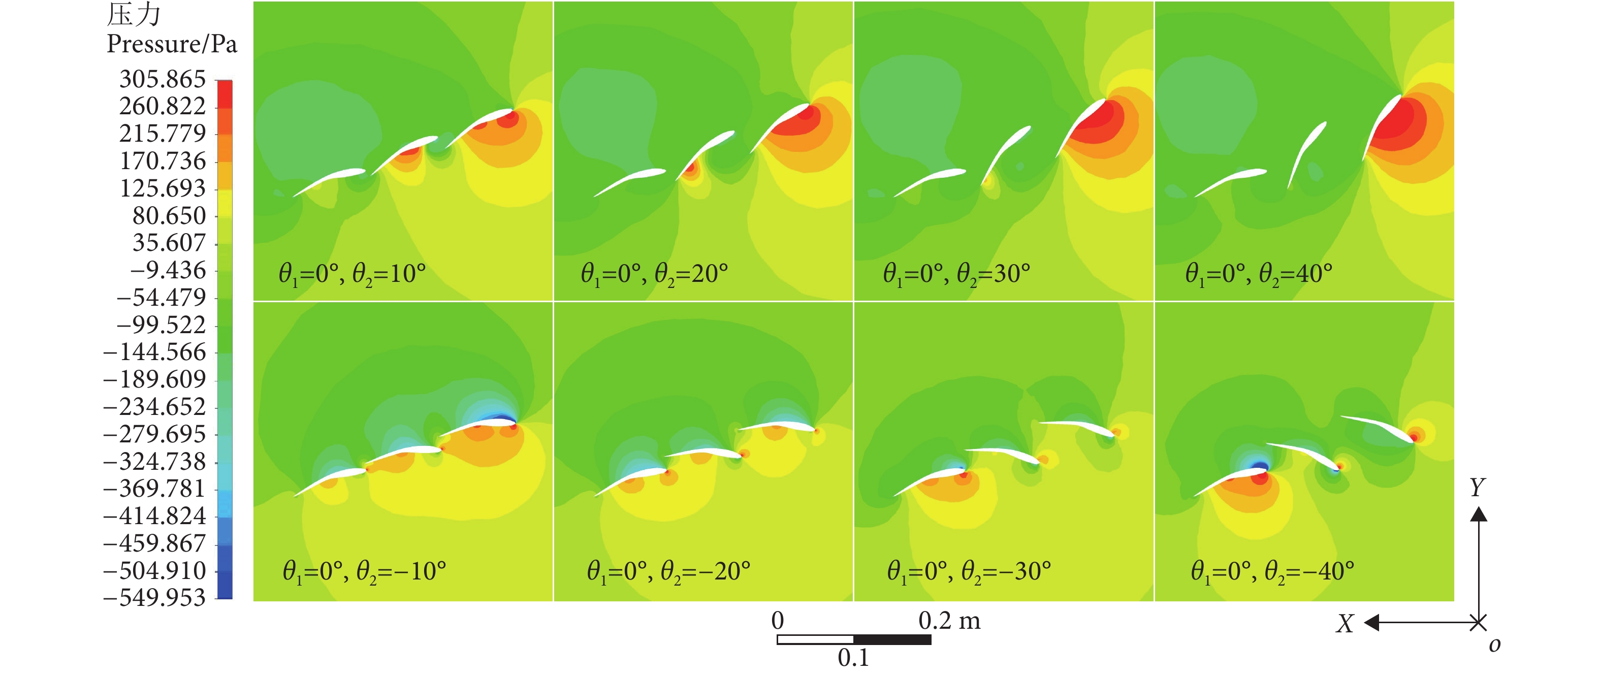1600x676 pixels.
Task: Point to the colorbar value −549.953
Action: click(154, 598)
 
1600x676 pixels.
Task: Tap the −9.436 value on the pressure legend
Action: click(168, 270)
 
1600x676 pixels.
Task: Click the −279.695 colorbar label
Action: click(154, 434)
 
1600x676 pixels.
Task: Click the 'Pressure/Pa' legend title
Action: click(172, 44)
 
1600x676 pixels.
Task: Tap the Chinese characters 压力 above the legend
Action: click(134, 15)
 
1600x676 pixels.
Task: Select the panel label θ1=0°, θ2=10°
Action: click(352, 273)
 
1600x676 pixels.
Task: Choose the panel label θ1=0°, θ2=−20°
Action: click(668, 571)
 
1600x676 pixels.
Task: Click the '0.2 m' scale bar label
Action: click(949, 621)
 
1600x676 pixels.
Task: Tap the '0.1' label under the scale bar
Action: click(853, 657)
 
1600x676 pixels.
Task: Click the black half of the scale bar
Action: click(892, 639)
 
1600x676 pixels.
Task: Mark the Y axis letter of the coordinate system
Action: click(1478, 488)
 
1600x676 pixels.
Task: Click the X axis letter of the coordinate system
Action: click(1346, 624)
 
